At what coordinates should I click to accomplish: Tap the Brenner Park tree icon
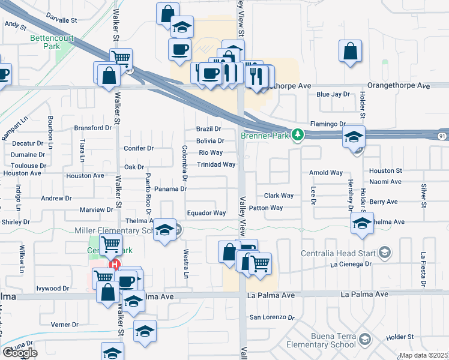point(297,135)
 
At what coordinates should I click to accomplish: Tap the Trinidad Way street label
point(216,164)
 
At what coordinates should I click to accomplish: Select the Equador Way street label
point(206,212)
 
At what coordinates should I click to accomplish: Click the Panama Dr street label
point(171,189)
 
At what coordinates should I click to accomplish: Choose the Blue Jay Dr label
point(333,94)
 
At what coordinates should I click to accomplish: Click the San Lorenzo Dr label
point(273,317)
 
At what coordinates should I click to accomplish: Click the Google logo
point(20,352)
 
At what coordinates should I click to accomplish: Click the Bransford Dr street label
point(93,128)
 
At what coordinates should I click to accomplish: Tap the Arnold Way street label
point(325,173)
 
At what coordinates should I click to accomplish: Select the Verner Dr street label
point(65,325)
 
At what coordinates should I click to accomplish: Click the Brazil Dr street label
point(209,129)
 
